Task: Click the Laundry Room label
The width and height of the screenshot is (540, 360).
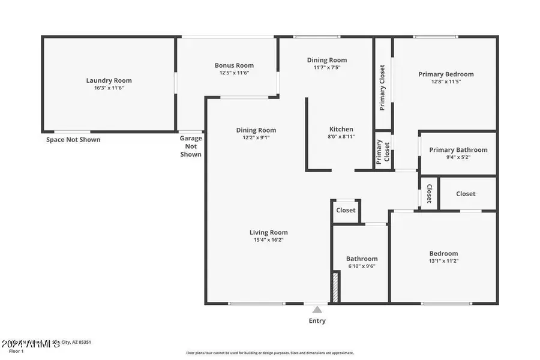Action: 109,80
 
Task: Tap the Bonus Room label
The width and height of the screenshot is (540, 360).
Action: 234,65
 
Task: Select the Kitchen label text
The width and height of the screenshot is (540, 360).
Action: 341,129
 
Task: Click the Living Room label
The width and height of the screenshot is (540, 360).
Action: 268,232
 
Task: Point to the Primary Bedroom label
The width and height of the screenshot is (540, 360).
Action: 445,74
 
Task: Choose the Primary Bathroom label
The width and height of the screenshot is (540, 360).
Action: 458,150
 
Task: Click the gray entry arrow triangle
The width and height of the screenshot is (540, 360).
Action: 317,310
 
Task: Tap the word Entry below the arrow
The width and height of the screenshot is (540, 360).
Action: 317,321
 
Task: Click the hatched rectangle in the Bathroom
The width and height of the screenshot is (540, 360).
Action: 335,287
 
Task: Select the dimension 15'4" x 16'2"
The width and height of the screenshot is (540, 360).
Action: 268,240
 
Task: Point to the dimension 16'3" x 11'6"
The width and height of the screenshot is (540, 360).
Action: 109,88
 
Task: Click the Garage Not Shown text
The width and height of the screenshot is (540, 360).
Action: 191,146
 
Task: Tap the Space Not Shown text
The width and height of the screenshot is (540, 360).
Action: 73,140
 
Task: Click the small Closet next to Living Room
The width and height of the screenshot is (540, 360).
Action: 346,210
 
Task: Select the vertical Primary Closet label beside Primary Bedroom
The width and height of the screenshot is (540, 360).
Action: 382,88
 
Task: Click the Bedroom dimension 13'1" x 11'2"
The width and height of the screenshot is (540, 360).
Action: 443,261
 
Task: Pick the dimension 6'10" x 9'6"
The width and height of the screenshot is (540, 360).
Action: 361,266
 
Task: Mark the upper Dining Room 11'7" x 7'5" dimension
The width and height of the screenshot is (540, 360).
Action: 326,67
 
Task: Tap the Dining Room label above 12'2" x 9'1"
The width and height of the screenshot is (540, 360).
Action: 256,130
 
